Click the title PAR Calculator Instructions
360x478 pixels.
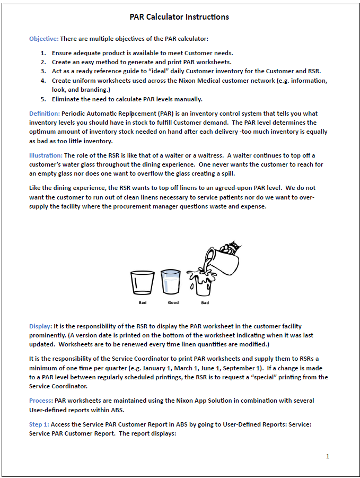[179, 17]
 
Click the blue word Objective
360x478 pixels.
[43, 39]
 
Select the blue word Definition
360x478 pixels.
[44, 114]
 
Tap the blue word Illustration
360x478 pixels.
[46, 155]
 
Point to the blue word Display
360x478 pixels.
[40, 326]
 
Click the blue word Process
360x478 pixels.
[41, 401]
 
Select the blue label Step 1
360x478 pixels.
[39, 424]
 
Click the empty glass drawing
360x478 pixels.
[142, 283]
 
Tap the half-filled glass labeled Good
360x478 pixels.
[171, 282]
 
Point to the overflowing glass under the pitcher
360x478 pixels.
[204, 284]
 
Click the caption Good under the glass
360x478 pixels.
[173, 303]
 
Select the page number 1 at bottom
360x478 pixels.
[328, 456]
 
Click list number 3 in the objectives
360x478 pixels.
[43, 71]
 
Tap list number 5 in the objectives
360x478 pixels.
[43, 99]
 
